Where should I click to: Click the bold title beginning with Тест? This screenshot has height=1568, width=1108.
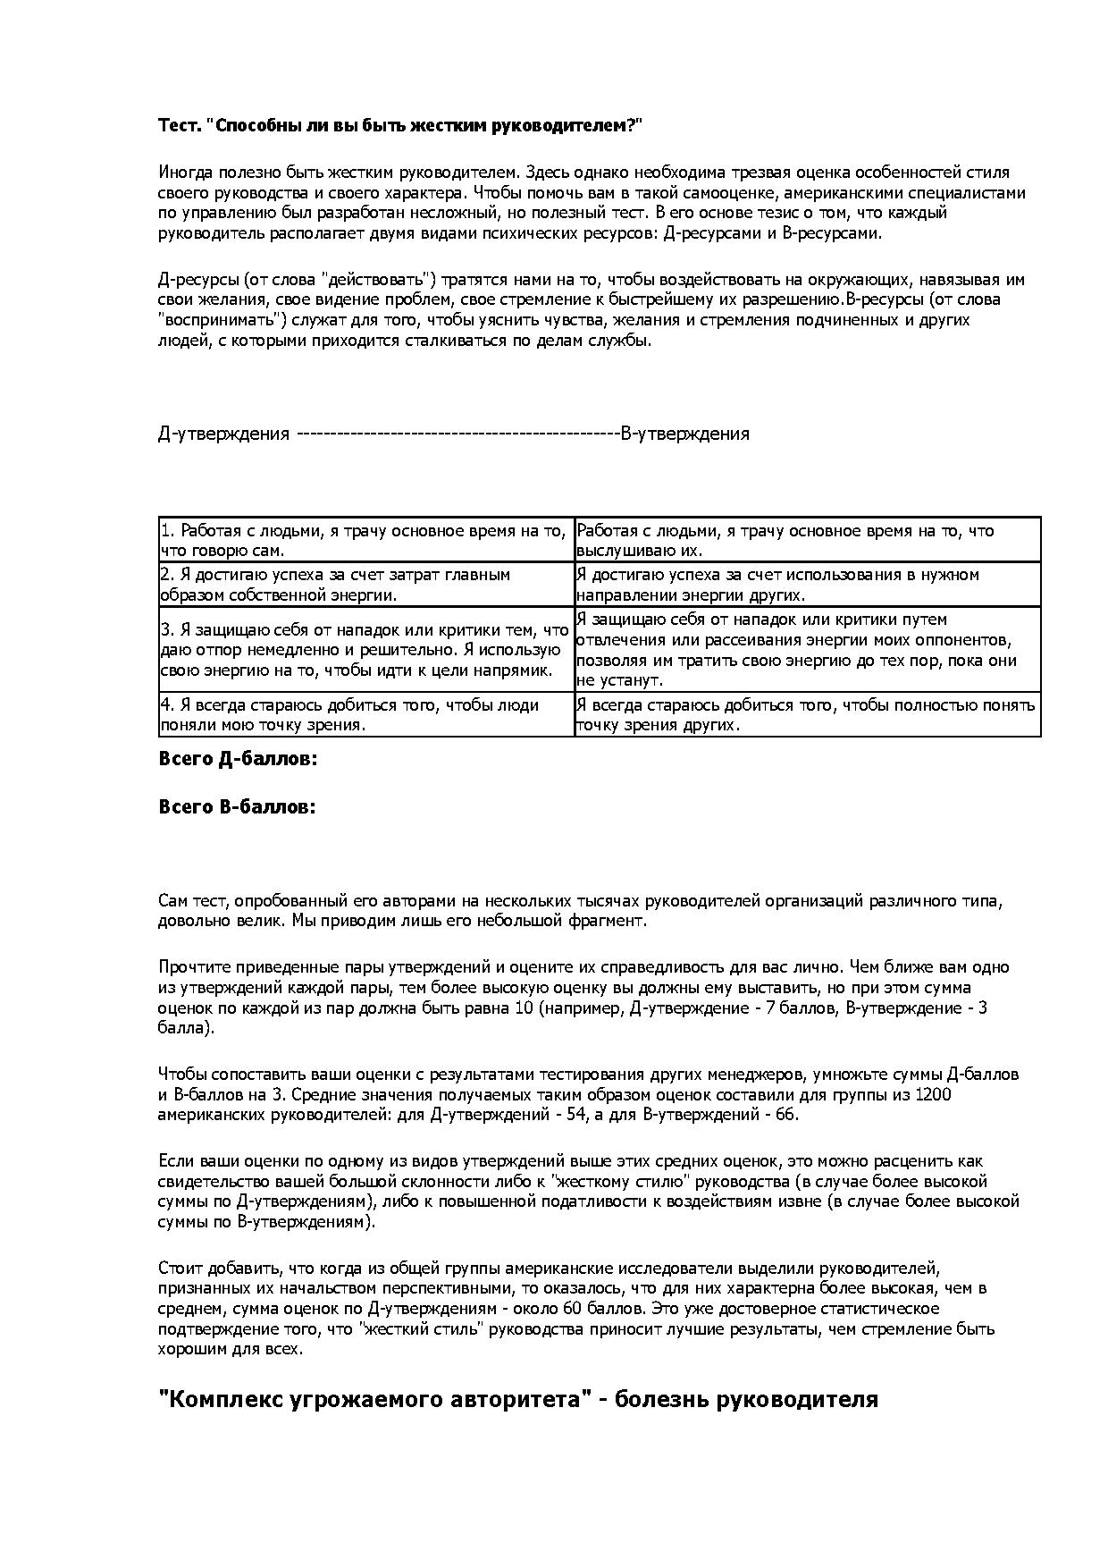[x=400, y=126]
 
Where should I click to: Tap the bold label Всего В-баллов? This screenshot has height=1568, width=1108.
[x=237, y=806]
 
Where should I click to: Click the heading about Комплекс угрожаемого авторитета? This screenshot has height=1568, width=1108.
[x=518, y=1399]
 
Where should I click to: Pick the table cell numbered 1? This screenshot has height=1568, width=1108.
[x=365, y=540]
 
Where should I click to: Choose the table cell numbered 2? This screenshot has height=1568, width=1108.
[x=365, y=585]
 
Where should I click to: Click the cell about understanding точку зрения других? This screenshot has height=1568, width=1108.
[x=806, y=714]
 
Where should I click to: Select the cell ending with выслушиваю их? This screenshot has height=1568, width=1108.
[x=806, y=540]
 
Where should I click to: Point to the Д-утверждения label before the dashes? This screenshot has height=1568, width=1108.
[x=224, y=434]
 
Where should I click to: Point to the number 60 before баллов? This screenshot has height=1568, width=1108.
[x=575, y=1309]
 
